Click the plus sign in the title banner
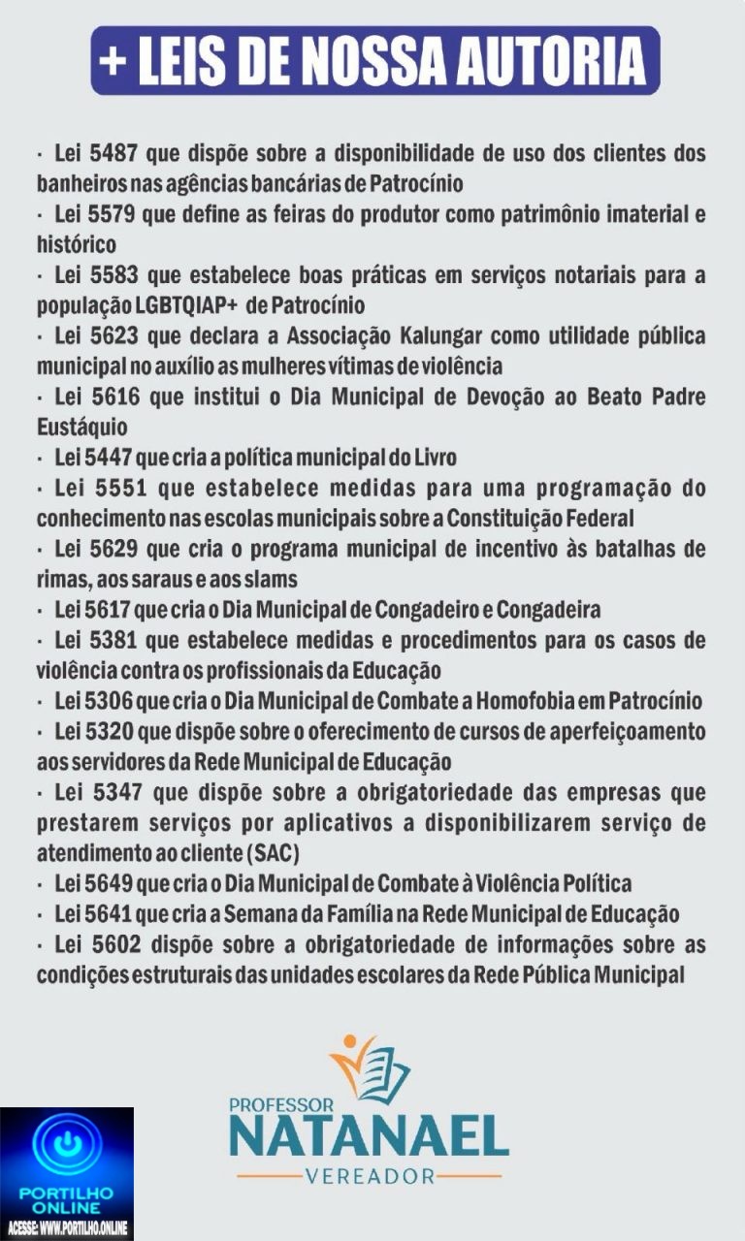click(x=114, y=60)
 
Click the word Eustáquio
click(x=81, y=427)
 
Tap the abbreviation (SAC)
click(x=273, y=853)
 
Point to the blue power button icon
click(x=67, y=1145)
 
